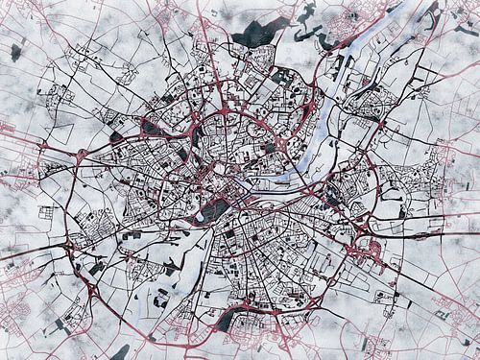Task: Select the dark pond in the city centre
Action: click(213, 208)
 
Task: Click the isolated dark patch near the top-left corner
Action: click(15, 53)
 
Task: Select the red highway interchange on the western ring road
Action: click(44, 146)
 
